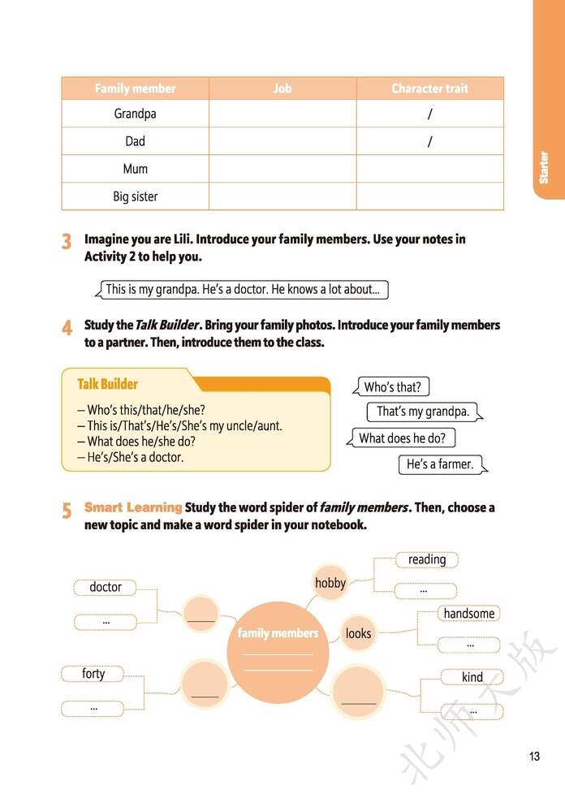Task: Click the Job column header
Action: (x=282, y=88)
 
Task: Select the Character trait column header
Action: (x=429, y=88)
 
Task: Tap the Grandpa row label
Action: (x=135, y=114)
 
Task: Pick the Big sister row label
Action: (x=135, y=196)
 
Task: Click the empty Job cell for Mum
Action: (x=282, y=169)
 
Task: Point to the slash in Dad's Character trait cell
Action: (x=429, y=142)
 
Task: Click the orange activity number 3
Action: (x=67, y=242)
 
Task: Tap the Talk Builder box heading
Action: (x=107, y=384)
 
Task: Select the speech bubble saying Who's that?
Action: (x=392, y=387)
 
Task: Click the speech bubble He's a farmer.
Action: (x=438, y=464)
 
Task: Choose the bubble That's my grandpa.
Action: (x=423, y=412)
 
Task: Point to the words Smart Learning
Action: (x=133, y=507)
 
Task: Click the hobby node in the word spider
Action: (x=330, y=583)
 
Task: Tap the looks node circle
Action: (x=358, y=633)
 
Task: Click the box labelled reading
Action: (x=427, y=559)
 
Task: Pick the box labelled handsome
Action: (x=469, y=614)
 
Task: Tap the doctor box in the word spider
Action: (x=106, y=587)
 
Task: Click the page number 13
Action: (x=534, y=757)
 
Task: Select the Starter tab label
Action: (x=544, y=167)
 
